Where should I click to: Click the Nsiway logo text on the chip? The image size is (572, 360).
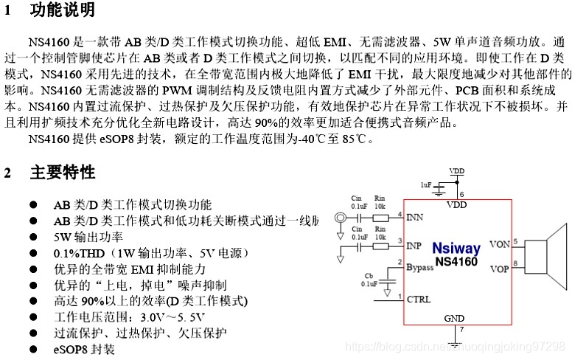pyautogui.click(x=456, y=249)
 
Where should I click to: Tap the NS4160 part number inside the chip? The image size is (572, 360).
pyautogui.click(x=456, y=261)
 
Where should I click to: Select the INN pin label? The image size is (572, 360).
pyautogui.click(x=416, y=218)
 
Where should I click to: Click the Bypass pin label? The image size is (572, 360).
pyautogui.click(x=420, y=267)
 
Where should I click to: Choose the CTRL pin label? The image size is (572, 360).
pyautogui.click(x=418, y=299)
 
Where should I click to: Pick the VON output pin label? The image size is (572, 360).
pyautogui.click(x=499, y=243)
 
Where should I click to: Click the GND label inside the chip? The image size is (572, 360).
pyautogui.click(x=455, y=318)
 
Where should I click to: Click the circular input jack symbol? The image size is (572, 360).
pyautogui.click(x=340, y=218)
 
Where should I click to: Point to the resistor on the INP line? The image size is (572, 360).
pyautogui.click(x=380, y=244)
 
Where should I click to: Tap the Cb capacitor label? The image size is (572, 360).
pyautogui.click(x=368, y=275)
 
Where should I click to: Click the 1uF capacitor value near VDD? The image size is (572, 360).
pyautogui.click(x=426, y=184)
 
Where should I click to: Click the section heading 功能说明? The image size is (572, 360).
pyautogui.click(x=63, y=10)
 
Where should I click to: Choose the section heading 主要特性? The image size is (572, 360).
pyautogui.click(x=63, y=173)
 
